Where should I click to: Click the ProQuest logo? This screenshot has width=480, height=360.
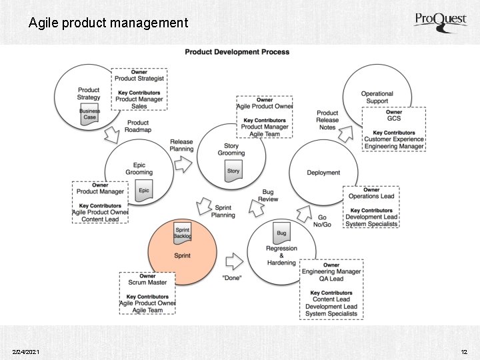point(441,21)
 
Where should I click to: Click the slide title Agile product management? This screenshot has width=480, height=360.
point(108,23)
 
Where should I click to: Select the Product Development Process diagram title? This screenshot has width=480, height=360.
point(237,52)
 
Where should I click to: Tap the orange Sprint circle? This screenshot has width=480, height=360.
point(182,249)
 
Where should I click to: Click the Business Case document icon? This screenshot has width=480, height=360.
point(89,114)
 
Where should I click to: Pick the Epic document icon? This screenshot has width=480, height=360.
point(144,189)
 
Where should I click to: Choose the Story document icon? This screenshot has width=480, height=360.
point(233,171)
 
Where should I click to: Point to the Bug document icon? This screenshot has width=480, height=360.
point(281,233)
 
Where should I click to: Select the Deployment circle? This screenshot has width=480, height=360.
point(323,173)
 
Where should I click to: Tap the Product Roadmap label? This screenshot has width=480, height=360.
point(138,126)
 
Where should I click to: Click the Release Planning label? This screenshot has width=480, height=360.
point(181,145)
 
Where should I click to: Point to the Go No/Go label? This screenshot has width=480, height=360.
point(322,221)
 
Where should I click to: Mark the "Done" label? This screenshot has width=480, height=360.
point(231,277)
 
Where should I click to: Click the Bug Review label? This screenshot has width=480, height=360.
point(268,196)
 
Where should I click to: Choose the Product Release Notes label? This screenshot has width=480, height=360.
point(327,120)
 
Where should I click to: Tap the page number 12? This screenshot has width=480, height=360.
point(464,351)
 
